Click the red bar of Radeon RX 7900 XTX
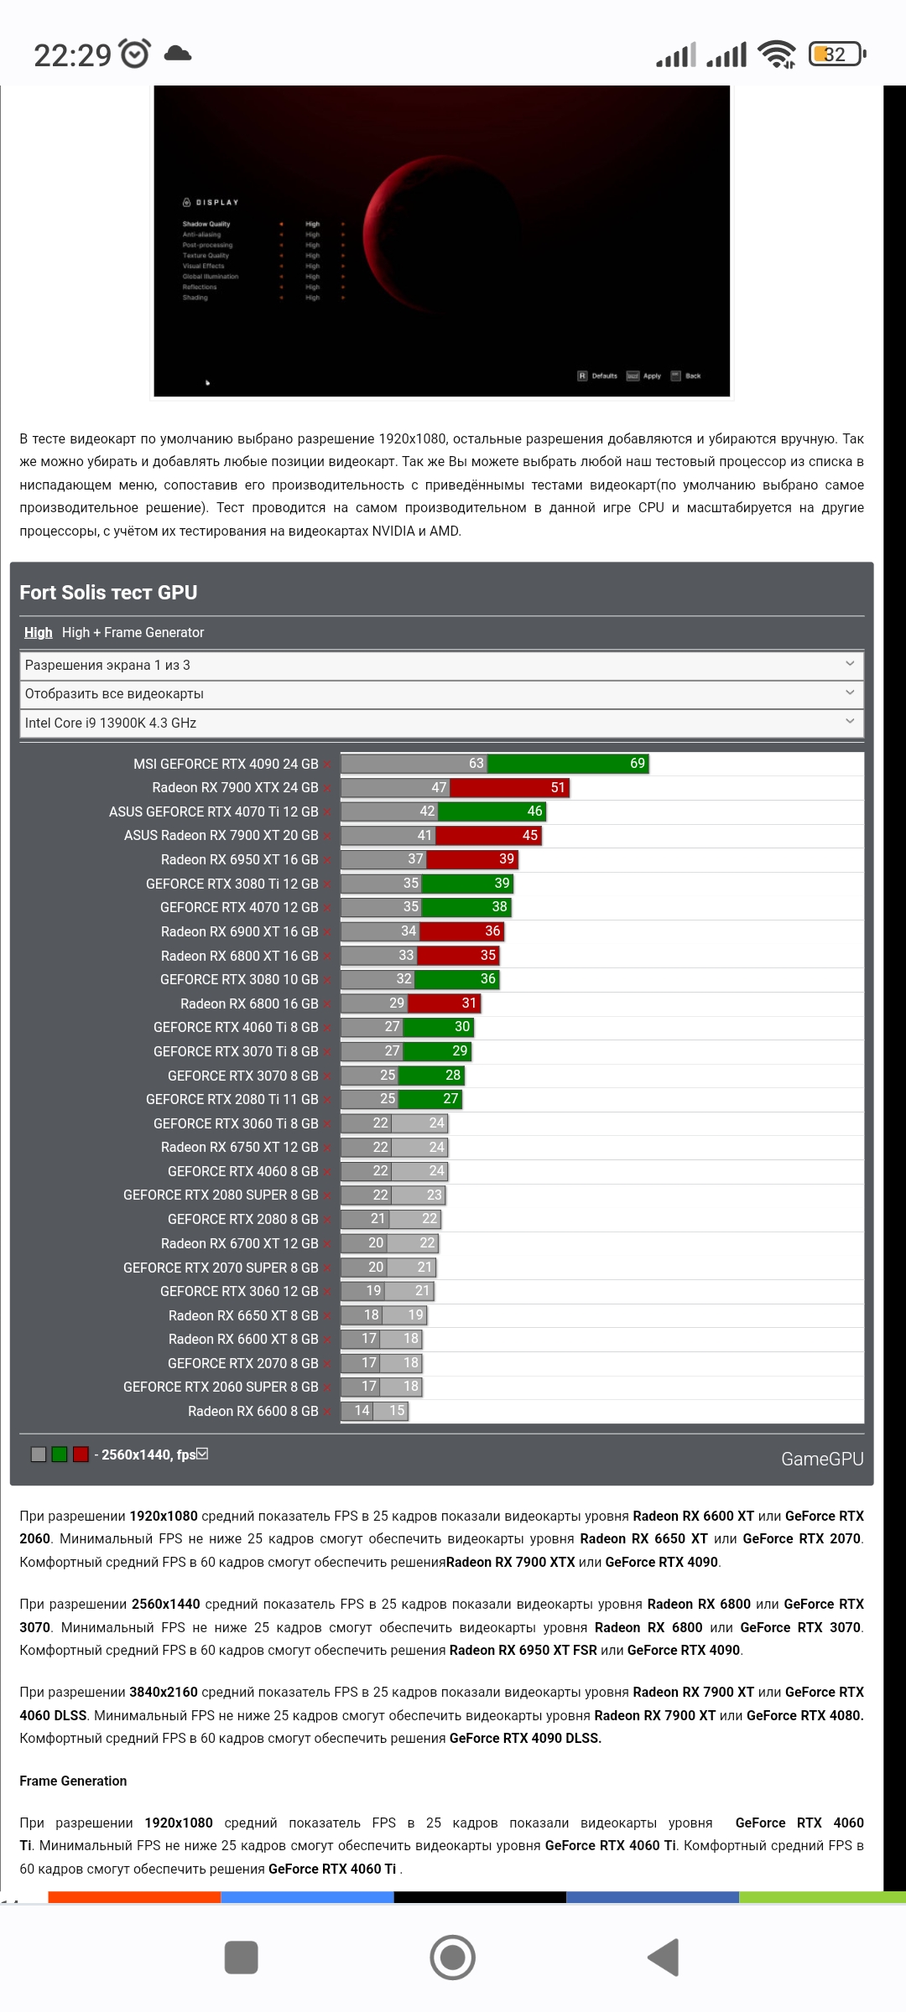click(x=509, y=788)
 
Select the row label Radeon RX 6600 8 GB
click(x=253, y=1412)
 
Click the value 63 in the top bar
click(x=476, y=764)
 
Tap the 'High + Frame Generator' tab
click(x=133, y=633)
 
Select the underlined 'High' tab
click(x=38, y=633)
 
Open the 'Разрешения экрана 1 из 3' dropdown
click(x=441, y=666)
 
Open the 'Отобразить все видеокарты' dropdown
click(x=441, y=694)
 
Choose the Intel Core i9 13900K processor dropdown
click(x=441, y=723)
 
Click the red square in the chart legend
click(x=81, y=1455)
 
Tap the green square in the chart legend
click(x=59, y=1455)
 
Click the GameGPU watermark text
click(x=821, y=1460)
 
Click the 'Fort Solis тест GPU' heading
click(x=108, y=593)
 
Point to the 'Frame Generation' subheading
click(x=73, y=1781)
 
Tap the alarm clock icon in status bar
click(x=135, y=54)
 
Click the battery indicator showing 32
click(x=836, y=54)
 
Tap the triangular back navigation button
click(x=664, y=1958)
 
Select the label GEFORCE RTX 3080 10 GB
click(x=239, y=980)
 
